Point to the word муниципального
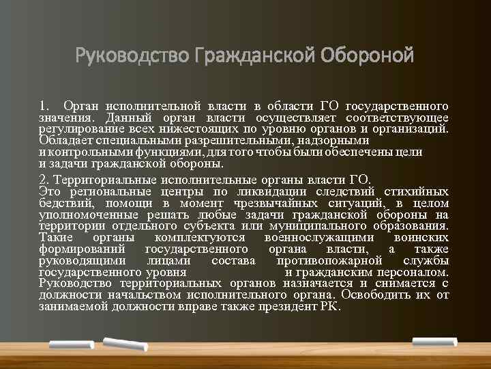(x=323, y=225)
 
